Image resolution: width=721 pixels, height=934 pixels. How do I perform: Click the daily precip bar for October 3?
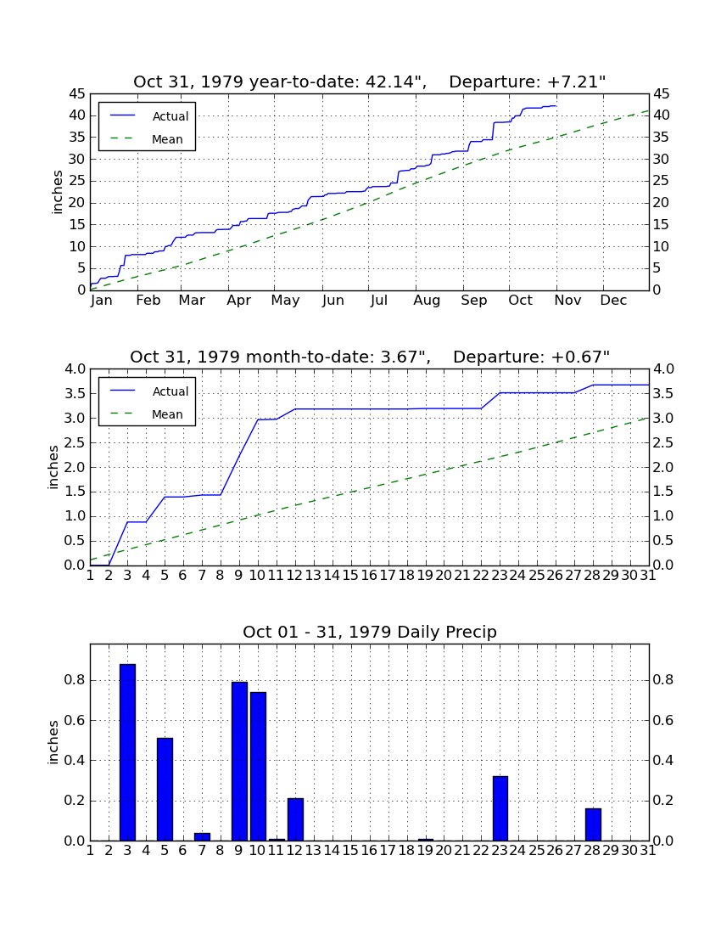coord(127,752)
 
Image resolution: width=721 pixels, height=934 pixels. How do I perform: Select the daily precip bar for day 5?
coord(165,790)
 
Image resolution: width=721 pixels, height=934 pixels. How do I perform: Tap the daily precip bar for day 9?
coord(239,762)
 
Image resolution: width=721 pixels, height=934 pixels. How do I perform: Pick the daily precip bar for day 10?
coord(258,767)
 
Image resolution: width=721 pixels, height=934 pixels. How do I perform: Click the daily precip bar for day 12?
coord(296,819)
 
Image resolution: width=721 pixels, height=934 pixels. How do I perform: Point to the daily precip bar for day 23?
coord(500,808)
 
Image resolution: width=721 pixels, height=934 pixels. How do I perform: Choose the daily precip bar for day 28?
coord(593,824)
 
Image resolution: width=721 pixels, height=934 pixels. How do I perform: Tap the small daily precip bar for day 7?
coord(202,837)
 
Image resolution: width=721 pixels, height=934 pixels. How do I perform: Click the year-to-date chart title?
coord(370,82)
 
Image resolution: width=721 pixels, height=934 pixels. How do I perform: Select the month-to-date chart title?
coord(370,357)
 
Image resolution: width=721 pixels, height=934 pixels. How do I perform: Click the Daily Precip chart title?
coord(370,632)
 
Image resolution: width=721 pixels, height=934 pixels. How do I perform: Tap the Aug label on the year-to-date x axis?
coord(428,301)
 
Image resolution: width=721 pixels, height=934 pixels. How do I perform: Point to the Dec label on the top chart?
coord(613,301)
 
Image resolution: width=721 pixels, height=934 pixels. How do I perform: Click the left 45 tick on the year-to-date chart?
coord(77,93)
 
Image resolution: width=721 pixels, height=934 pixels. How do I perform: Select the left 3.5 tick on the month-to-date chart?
coord(75,393)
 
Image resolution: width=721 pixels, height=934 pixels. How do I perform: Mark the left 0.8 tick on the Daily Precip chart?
coord(75,679)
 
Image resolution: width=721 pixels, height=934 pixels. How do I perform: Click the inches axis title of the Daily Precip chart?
coord(53,742)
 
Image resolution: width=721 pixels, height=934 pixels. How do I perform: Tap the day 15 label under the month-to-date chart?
coord(350,576)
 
